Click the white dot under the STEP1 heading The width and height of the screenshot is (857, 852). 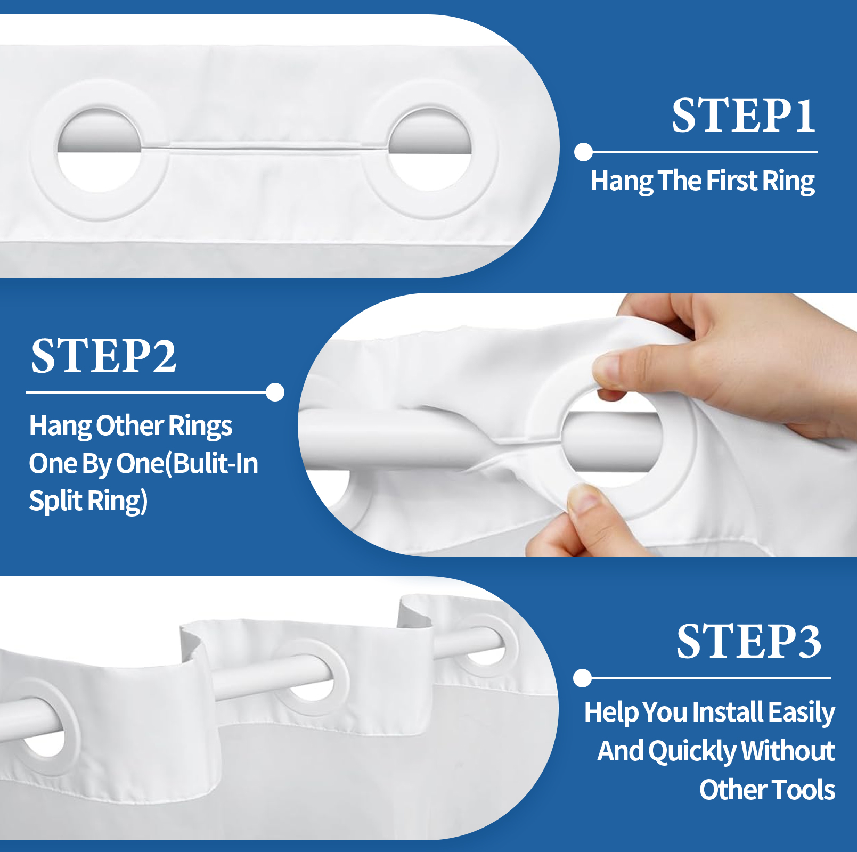tap(584, 152)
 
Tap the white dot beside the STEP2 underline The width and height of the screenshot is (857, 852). tap(275, 392)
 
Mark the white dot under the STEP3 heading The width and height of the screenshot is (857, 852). tap(583, 678)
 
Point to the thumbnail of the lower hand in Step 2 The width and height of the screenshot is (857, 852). tap(585, 501)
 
